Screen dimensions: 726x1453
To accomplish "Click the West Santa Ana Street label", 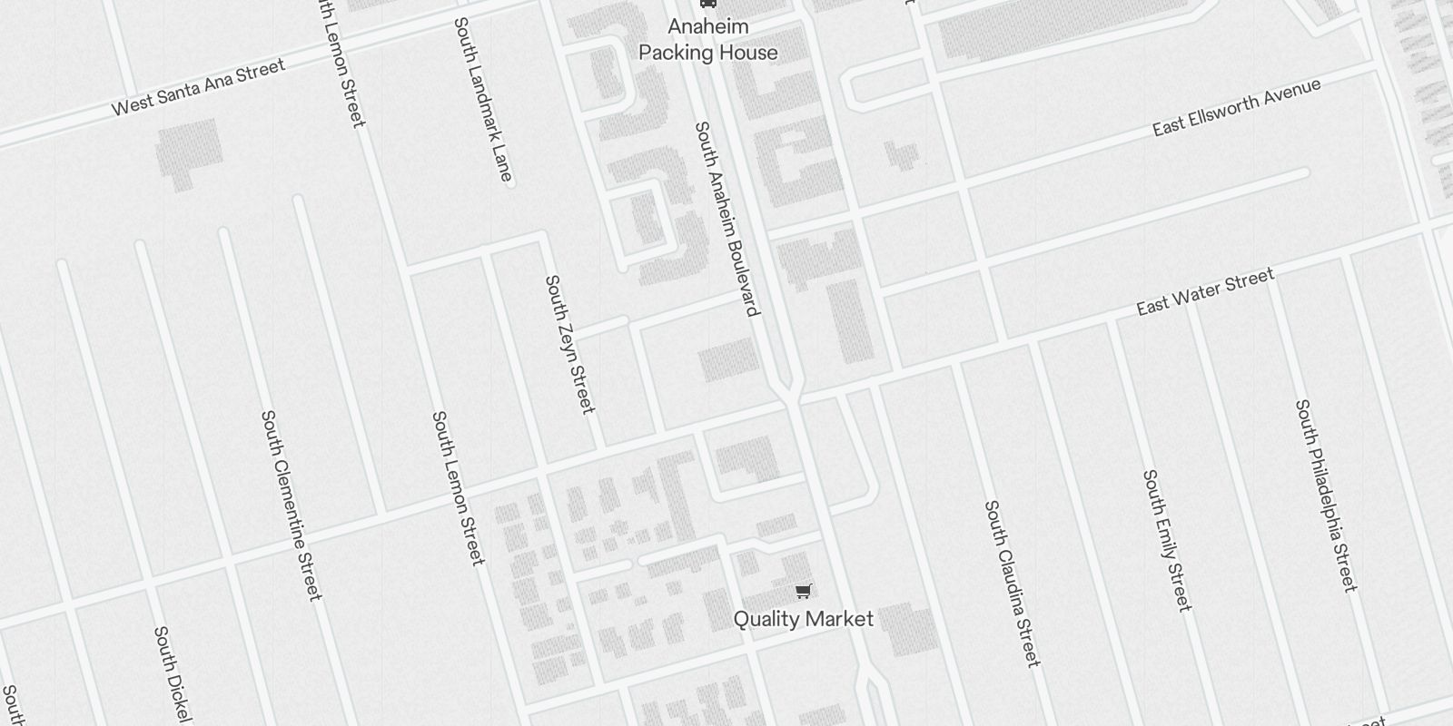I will tap(198, 87).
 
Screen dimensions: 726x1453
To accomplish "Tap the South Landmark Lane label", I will tap(483, 99).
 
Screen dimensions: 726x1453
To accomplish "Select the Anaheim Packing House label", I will tap(708, 40).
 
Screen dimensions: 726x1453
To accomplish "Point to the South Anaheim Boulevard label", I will tap(726, 219).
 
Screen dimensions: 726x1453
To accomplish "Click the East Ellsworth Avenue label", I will tap(1236, 107).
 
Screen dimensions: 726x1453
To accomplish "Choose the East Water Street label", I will tap(1205, 292).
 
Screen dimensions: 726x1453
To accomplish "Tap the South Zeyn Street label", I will tap(569, 344).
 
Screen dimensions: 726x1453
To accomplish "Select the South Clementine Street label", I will tap(291, 505).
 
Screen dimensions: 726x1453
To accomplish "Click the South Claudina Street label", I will tap(1012, 583).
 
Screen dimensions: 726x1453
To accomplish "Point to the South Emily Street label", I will tap(1166, 540).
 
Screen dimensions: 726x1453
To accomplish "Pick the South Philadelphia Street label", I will tap(1327, 495).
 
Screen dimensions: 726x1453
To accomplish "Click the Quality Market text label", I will tap(803, 619).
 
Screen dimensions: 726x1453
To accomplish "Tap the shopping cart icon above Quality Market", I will tap(803, 592).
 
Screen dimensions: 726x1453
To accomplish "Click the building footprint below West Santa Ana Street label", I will tap(189, 152).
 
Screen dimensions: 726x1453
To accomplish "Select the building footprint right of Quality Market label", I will tap(908, 629).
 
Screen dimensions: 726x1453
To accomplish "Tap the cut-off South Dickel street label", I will tap(173, 675).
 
